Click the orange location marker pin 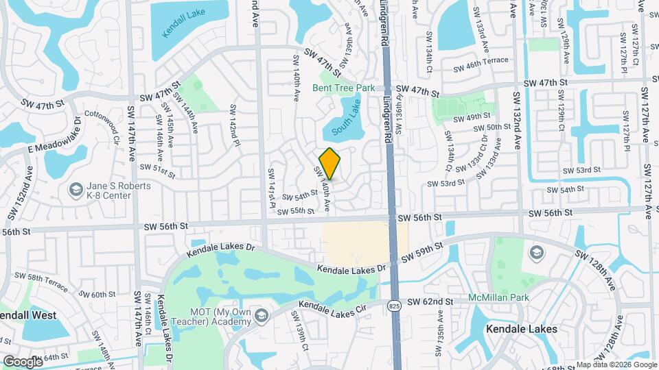(330, 164)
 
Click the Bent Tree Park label (344, 88)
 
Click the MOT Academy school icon (260, 316)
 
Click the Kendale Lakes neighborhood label (522, 329)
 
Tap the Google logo (22, 361)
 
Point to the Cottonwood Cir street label (102, 128)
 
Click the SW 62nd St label (430, 301)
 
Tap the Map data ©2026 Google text (616, 365)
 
